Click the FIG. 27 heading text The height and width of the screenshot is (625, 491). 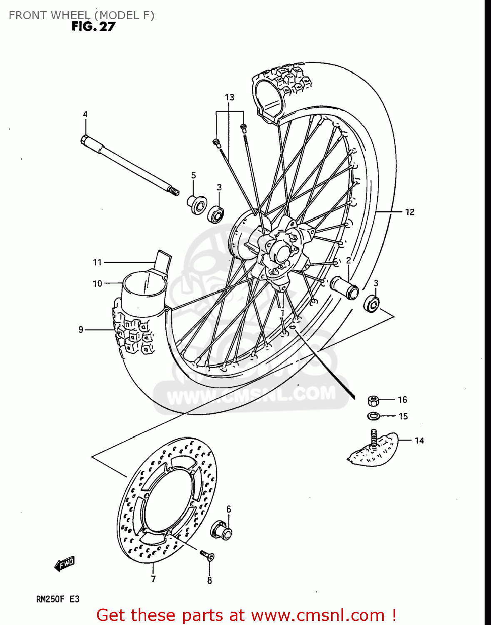93,27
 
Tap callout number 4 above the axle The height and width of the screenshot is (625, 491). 85,114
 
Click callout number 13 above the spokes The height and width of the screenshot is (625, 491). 229,97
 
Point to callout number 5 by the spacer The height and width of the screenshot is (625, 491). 194,175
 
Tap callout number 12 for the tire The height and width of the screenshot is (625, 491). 410,212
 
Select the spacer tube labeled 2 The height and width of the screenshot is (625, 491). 344,287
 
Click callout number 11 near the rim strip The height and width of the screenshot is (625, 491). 97,262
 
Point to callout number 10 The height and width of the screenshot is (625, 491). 97,284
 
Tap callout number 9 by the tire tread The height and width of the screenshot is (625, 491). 81,330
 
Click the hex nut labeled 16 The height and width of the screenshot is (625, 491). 374,401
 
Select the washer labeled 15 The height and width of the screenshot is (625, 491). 373,416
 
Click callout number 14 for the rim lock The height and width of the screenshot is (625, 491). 419,440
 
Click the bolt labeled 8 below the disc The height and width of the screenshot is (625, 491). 207,555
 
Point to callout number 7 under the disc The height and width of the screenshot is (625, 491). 153,579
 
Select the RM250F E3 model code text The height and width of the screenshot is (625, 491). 57,599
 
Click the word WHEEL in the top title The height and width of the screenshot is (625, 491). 70,15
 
